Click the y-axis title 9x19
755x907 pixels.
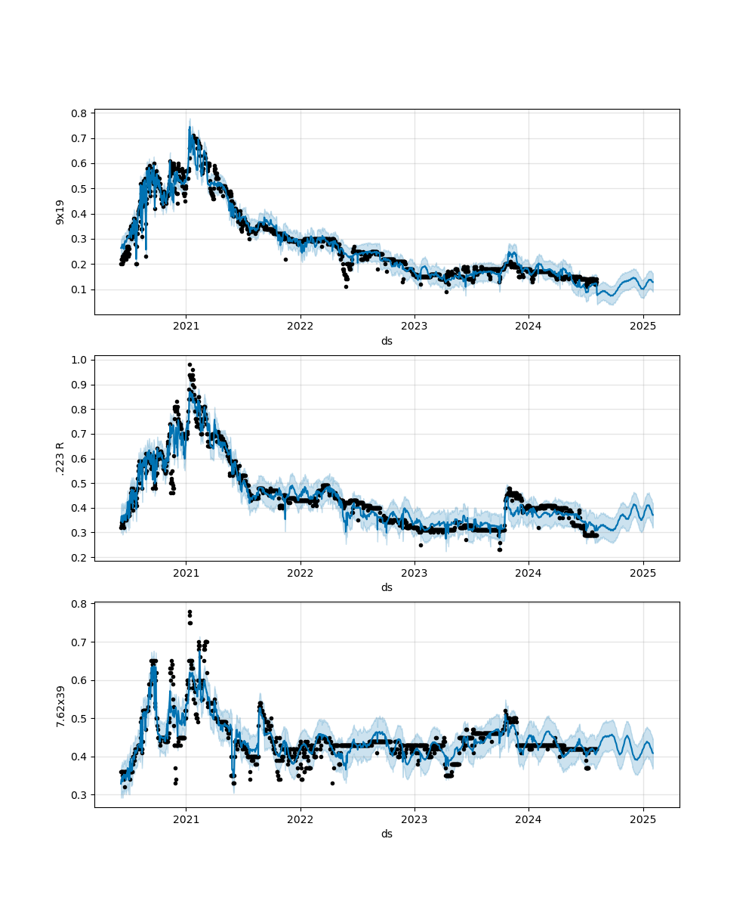(60, 212)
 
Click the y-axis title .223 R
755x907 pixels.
(60, 458)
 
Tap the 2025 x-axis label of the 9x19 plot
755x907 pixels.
(643, 327)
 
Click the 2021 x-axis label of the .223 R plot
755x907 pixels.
(186, 573)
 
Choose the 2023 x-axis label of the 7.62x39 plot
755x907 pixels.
(414, 819)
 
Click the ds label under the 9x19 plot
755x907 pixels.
(387, 341)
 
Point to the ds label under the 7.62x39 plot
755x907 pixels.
(387, 834)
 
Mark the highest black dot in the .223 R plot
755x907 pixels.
(190, 364)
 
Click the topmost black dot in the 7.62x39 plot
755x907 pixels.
(190, 611)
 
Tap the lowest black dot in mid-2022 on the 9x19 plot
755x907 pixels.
(346, 286)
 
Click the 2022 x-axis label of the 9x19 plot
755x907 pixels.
(300, 327)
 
